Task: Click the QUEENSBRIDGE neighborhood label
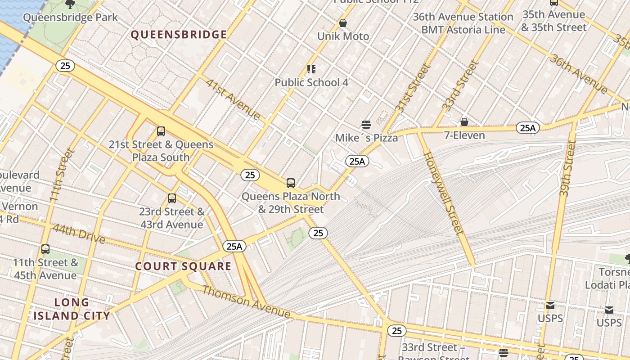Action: pos(179,35)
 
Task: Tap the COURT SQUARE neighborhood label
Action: pos(183,266)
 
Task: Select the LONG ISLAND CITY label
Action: pos(72,309)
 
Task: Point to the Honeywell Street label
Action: pos(443,193)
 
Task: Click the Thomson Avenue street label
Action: pos(246,301)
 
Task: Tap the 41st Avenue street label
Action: pos(233,99)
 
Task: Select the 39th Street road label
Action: pos(568,167)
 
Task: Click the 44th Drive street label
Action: pos(78,233)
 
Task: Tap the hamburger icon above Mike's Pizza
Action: pos(366,125)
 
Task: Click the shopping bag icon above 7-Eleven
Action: pos(464,122)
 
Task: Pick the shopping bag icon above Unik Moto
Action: pos(343,23)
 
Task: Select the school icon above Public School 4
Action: pos(311,69)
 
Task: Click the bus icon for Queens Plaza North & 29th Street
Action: pos(291,183)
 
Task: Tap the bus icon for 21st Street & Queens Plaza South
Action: pos(161,131)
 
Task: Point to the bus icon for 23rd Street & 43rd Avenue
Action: pos(171,198)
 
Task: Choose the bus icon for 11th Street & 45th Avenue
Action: pos(45,249)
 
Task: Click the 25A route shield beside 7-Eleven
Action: pos(527,128)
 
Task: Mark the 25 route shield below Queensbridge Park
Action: pos(65,66)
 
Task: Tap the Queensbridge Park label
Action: pos(70,18)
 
